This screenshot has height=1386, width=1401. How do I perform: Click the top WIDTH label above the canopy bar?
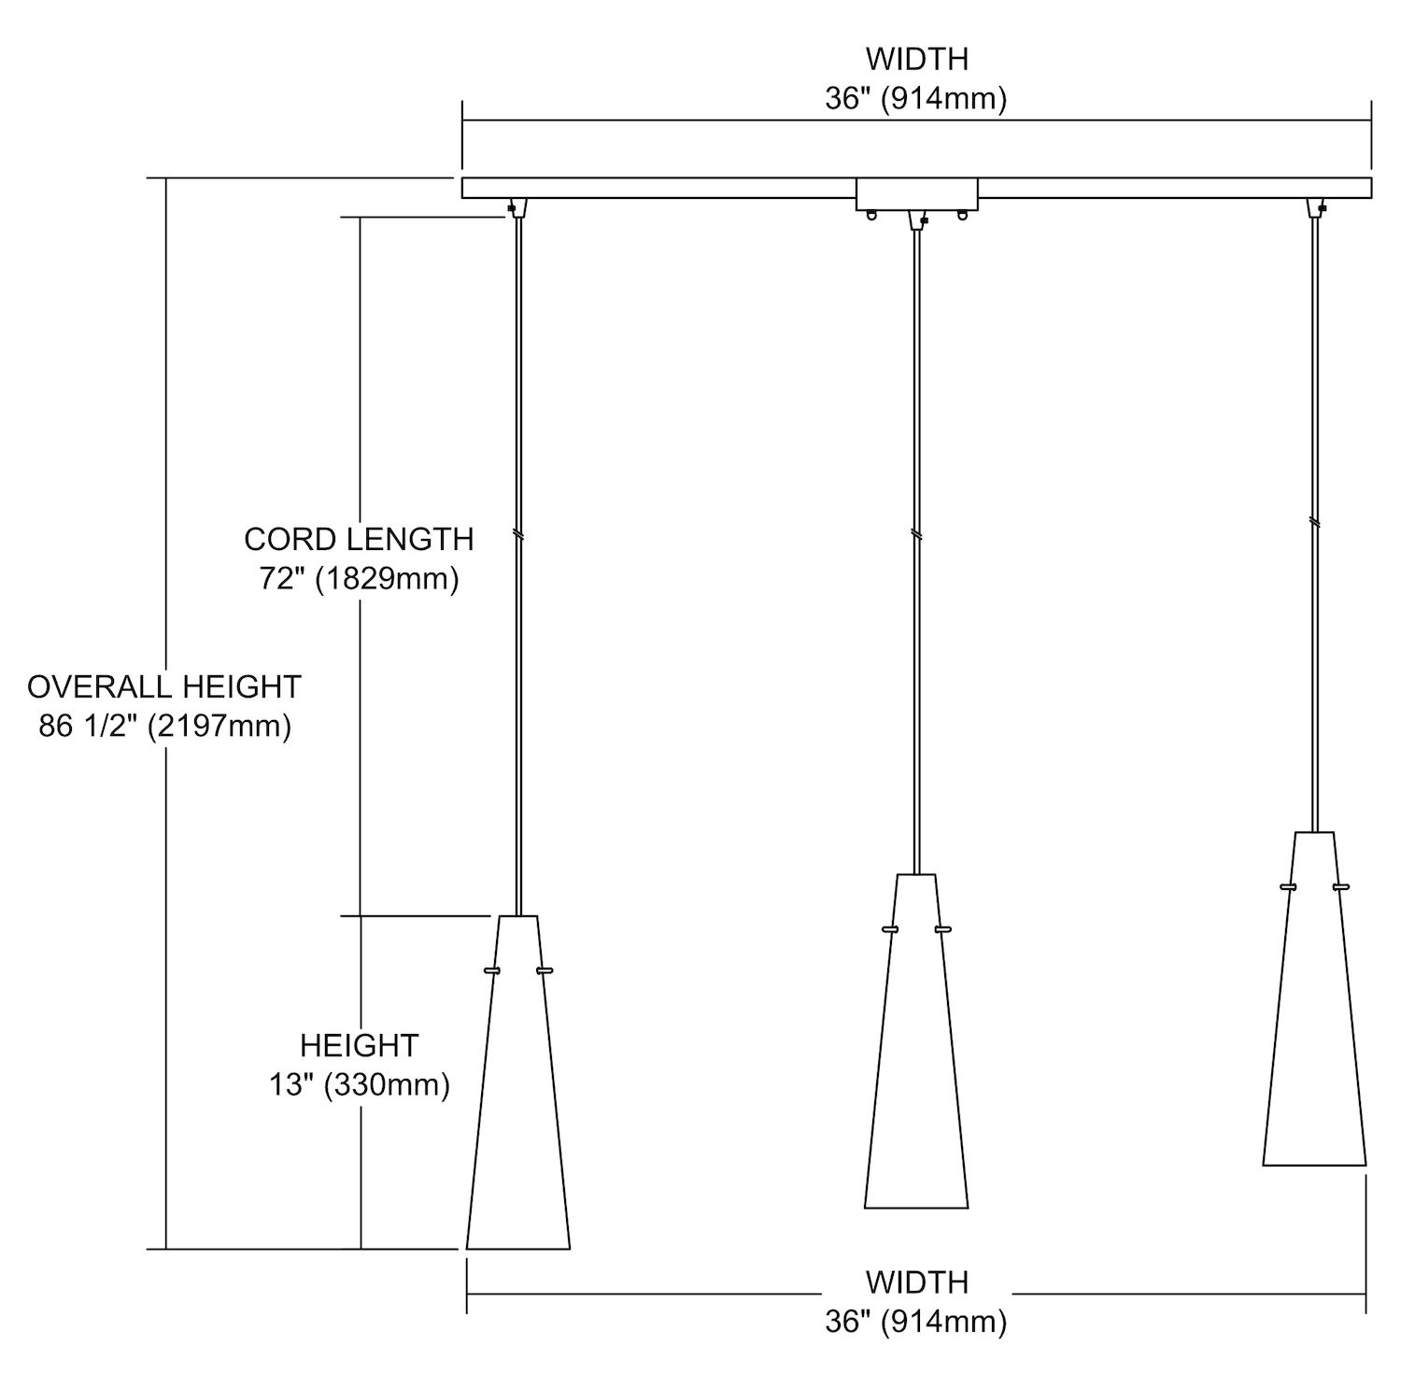(916, 59)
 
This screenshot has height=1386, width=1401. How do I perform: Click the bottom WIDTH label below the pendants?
(916, 1282)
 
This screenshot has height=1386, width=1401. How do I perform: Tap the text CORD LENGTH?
(359, 539)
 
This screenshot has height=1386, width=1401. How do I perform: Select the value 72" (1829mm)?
(359, 579)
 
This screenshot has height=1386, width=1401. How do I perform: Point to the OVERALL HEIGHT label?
(164, 686)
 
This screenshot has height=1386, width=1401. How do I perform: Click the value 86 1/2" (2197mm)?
(164, 726)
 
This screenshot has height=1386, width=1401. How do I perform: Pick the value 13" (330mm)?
(359, 1084)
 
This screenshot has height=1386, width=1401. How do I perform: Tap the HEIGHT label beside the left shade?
(359, 1044)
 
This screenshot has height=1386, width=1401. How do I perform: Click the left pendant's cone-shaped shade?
(518, 1102)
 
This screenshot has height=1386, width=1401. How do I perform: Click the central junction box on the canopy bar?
(916, 193)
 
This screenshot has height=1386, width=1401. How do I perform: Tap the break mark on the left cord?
(518, 536)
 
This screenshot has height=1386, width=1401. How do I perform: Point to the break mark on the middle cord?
(916, 534)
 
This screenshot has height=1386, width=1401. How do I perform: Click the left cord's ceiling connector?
(517, 207)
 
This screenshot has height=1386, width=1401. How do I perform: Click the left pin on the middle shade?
(890, 929)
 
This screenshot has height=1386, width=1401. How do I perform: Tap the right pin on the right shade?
(1341, 886)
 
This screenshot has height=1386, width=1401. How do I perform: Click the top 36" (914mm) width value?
(916, 99)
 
